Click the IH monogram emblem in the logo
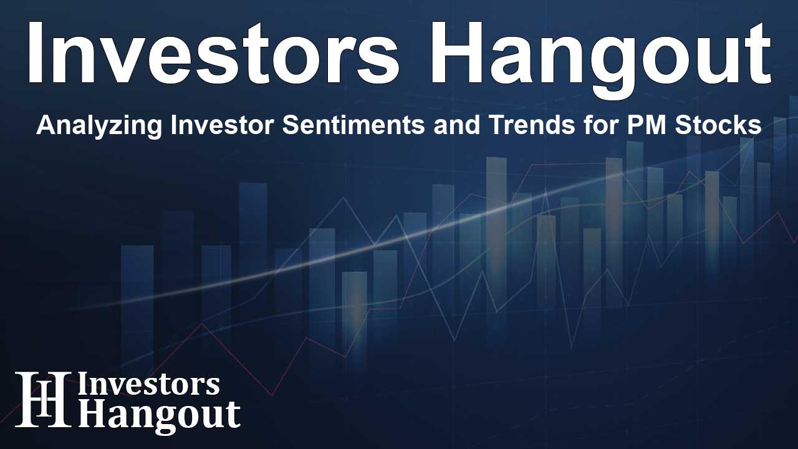tap(42, 400)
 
